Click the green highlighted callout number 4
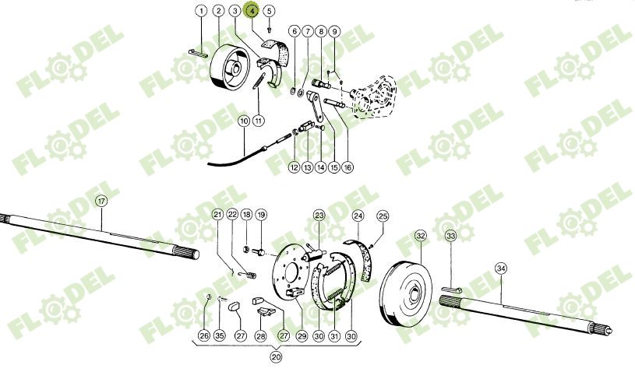click(x=252, y=11)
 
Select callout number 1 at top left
click(x=201, y=11)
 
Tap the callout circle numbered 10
click(x=244, y=121)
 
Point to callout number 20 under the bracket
click(x=276, y=358)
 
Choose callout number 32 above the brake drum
click(x=421, y=235)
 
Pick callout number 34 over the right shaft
click(x=500, y=267)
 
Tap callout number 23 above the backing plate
click(x=319, y=215)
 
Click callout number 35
click(x=219, y=336)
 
